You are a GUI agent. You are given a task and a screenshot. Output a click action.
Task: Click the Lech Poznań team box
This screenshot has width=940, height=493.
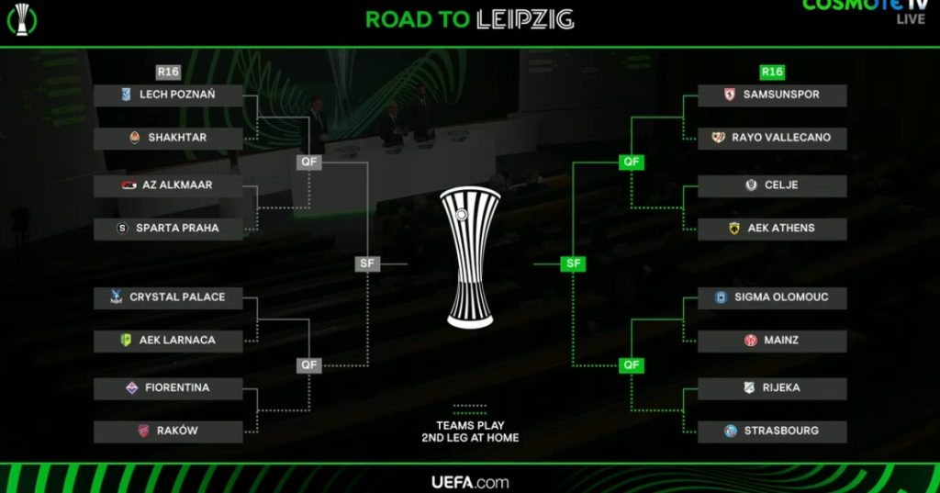168,95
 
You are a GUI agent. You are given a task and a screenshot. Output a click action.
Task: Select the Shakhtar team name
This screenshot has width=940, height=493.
177,138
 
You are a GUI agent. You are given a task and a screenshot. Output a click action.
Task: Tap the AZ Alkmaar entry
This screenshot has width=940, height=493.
168,185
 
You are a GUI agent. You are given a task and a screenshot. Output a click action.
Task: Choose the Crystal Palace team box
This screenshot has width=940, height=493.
168,297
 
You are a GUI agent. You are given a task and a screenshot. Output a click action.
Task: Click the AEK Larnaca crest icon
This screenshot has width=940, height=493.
127,341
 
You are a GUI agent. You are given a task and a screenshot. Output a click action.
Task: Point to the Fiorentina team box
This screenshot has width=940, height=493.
168,388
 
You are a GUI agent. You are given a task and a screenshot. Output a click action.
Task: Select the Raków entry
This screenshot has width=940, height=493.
168,431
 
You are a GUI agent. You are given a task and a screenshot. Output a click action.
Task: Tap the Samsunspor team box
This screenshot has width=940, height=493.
772,95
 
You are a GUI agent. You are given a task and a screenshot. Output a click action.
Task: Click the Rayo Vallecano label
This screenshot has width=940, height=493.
781,138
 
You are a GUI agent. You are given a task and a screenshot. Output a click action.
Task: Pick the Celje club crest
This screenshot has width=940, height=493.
751,185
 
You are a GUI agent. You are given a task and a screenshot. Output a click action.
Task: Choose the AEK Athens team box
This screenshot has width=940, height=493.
772,228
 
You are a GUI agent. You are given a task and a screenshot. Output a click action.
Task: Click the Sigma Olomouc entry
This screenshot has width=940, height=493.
772,297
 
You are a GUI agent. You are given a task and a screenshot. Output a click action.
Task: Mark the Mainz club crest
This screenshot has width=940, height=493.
750,341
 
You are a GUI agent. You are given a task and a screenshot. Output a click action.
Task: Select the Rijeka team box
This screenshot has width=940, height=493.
772,388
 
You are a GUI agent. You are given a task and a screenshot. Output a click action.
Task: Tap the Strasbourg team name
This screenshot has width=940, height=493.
781,431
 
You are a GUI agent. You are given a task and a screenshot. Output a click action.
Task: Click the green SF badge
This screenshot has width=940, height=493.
574,263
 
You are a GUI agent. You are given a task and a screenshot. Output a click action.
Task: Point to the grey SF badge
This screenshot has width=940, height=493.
367,263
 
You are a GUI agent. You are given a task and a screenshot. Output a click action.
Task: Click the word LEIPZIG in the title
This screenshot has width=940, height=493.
525,19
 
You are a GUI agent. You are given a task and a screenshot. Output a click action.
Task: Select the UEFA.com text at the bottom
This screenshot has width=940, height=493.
469,482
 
